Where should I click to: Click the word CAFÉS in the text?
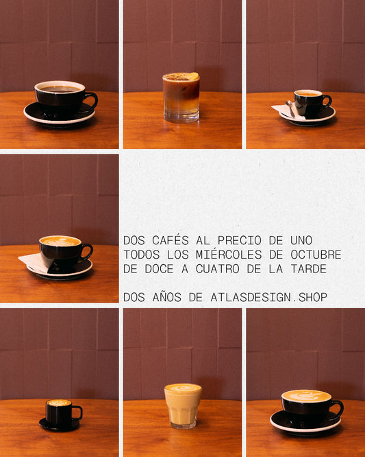(170, 240)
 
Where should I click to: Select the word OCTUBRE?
(316, 255)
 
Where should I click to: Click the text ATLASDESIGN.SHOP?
(268, 297)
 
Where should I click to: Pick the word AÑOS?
(166, 297)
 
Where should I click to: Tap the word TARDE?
(309, 269)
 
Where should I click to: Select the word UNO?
(301, 240)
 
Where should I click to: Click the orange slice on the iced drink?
(193, 76)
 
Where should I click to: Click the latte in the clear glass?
(183, 406)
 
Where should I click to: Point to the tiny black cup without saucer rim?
(61, 413)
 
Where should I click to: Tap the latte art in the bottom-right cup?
(306, 396)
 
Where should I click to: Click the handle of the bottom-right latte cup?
(339, 409)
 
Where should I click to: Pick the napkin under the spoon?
(288, 112)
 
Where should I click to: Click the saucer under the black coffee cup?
(60, 114)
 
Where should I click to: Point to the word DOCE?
(160, 269)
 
